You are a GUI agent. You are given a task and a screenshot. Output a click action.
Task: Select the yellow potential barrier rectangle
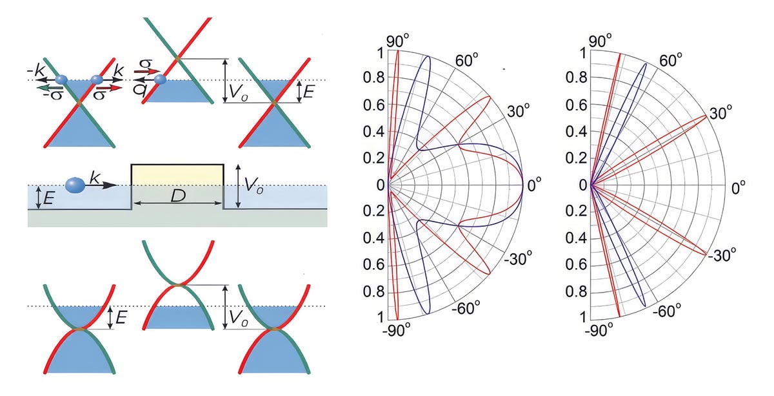tap(177, 174)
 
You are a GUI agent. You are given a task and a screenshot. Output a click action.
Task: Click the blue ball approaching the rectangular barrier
tap(76, 185)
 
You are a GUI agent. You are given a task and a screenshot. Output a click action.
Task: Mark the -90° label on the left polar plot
tap(397, 330)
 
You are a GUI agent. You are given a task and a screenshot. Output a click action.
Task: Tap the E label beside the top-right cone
tap(309, 92)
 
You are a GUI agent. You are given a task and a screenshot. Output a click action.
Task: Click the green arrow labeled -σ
tap(46, 86)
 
